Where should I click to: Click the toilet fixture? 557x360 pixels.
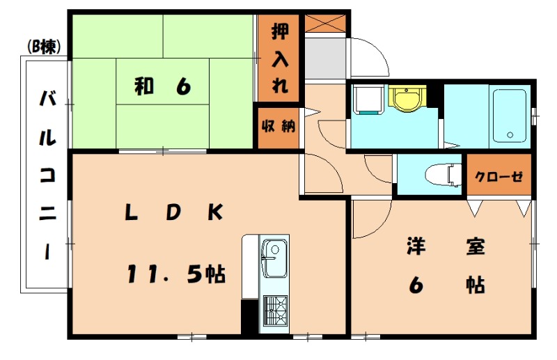(446, 173)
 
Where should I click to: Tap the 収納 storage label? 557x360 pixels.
(278, 126)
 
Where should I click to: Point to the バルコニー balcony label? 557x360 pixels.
(47, 174)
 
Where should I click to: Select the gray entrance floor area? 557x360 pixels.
(324, 58)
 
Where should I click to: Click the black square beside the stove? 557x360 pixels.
(249, 317)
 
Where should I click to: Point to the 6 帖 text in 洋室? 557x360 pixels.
(446, 285)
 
